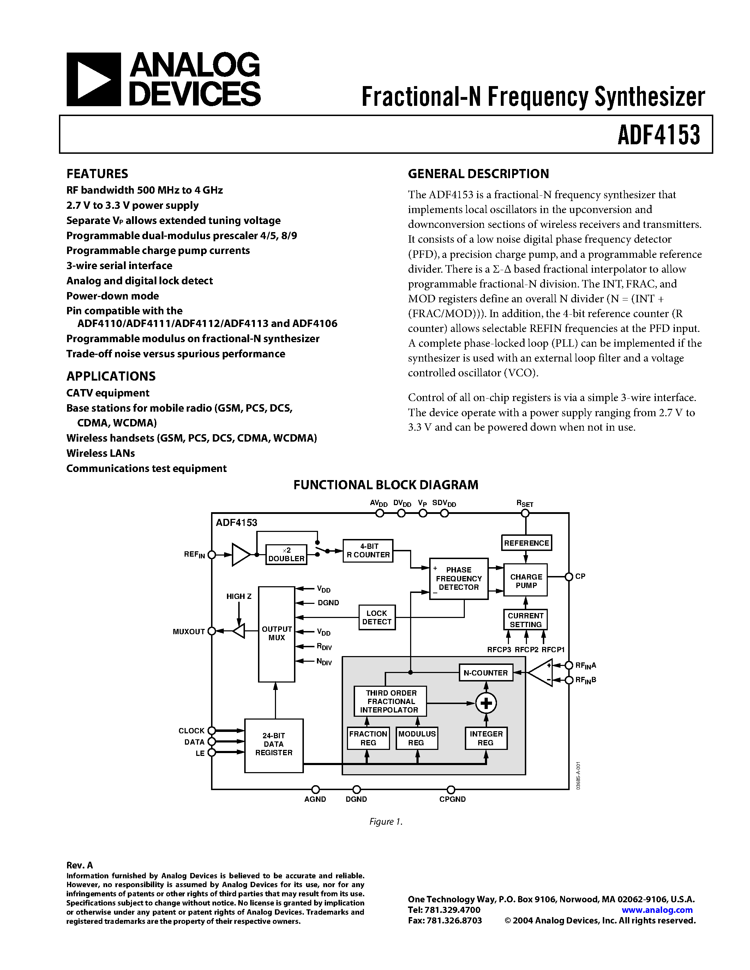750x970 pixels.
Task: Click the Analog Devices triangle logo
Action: click(93, 79)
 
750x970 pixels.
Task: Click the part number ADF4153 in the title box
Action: click(659, 135)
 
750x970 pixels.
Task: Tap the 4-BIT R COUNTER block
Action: click(368, 551)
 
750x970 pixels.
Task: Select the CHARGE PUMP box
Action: click(526, 581)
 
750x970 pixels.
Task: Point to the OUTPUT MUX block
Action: click(276, 634)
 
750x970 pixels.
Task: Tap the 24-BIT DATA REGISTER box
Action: click(274, 746)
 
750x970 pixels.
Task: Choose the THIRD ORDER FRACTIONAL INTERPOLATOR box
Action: click(390, 701)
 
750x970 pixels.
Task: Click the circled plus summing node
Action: click(486, 703)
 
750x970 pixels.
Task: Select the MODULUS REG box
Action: click(417, 738)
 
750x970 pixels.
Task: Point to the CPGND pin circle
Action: click(451, 789)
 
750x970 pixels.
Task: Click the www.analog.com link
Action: click(657, 910)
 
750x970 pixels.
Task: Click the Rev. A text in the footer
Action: click(79, 865)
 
